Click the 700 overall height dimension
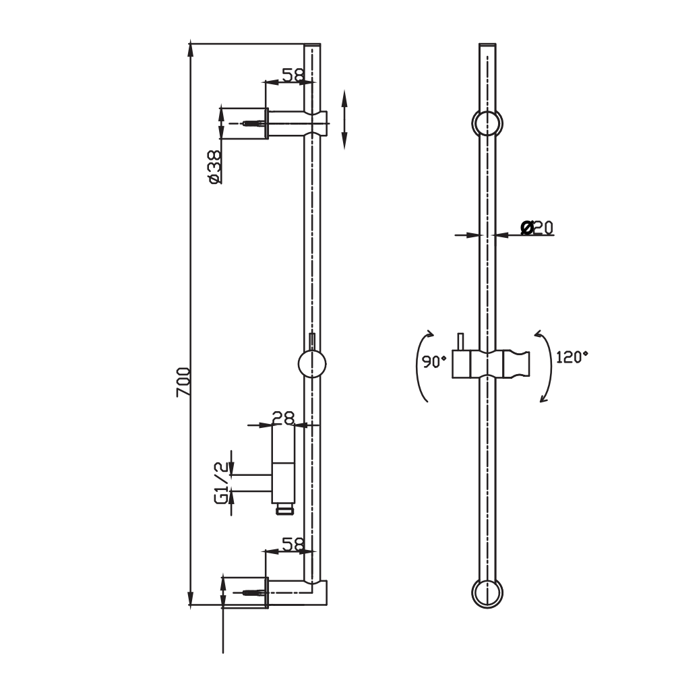tap(184, 381)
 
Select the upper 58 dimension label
tap(292, 75)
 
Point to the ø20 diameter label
tap(537, 228)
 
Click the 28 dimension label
tap(284, 418)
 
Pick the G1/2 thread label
tap(220, 483)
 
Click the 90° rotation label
tap(435, 361)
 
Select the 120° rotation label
tap(572, 357)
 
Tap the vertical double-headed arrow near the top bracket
tap(344, 119)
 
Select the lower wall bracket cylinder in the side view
tap(244, 592)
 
